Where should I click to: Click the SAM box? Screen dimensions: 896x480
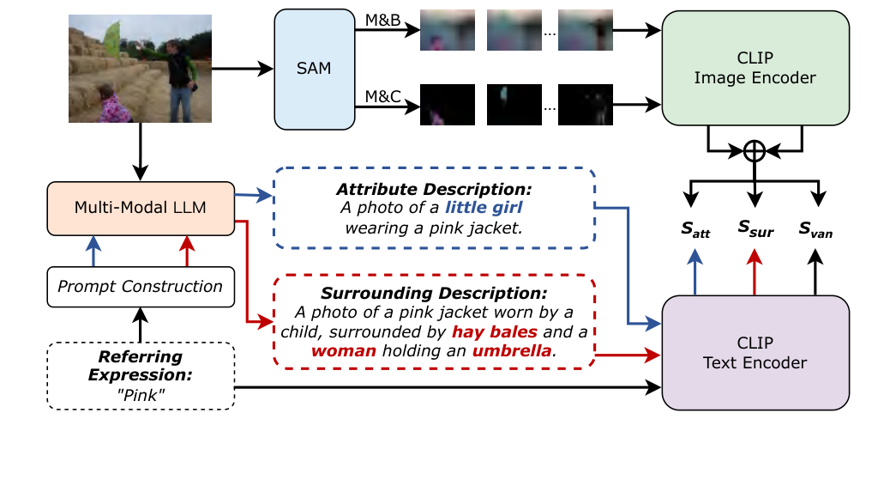315,70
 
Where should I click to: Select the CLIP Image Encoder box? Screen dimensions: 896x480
755,68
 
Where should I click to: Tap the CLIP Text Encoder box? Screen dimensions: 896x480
755,352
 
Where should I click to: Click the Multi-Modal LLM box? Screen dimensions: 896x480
141,209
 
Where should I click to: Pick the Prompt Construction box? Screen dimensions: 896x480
141,287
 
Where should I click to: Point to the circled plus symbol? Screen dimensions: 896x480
755,151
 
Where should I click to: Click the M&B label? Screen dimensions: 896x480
382,20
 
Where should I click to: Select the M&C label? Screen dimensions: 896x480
382,96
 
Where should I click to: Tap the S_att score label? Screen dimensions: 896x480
695,230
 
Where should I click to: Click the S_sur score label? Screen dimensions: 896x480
755,229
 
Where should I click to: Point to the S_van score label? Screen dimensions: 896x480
815,230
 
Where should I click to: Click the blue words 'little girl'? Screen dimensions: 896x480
484,207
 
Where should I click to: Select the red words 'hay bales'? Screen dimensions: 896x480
494,331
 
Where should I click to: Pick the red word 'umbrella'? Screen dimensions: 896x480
512,350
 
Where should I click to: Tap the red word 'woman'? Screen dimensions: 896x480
344,350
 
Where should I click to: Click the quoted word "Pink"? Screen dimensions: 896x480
141,395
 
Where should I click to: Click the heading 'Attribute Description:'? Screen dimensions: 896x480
434,190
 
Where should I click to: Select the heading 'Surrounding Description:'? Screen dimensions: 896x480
434,293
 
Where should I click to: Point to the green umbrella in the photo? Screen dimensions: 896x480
112,40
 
